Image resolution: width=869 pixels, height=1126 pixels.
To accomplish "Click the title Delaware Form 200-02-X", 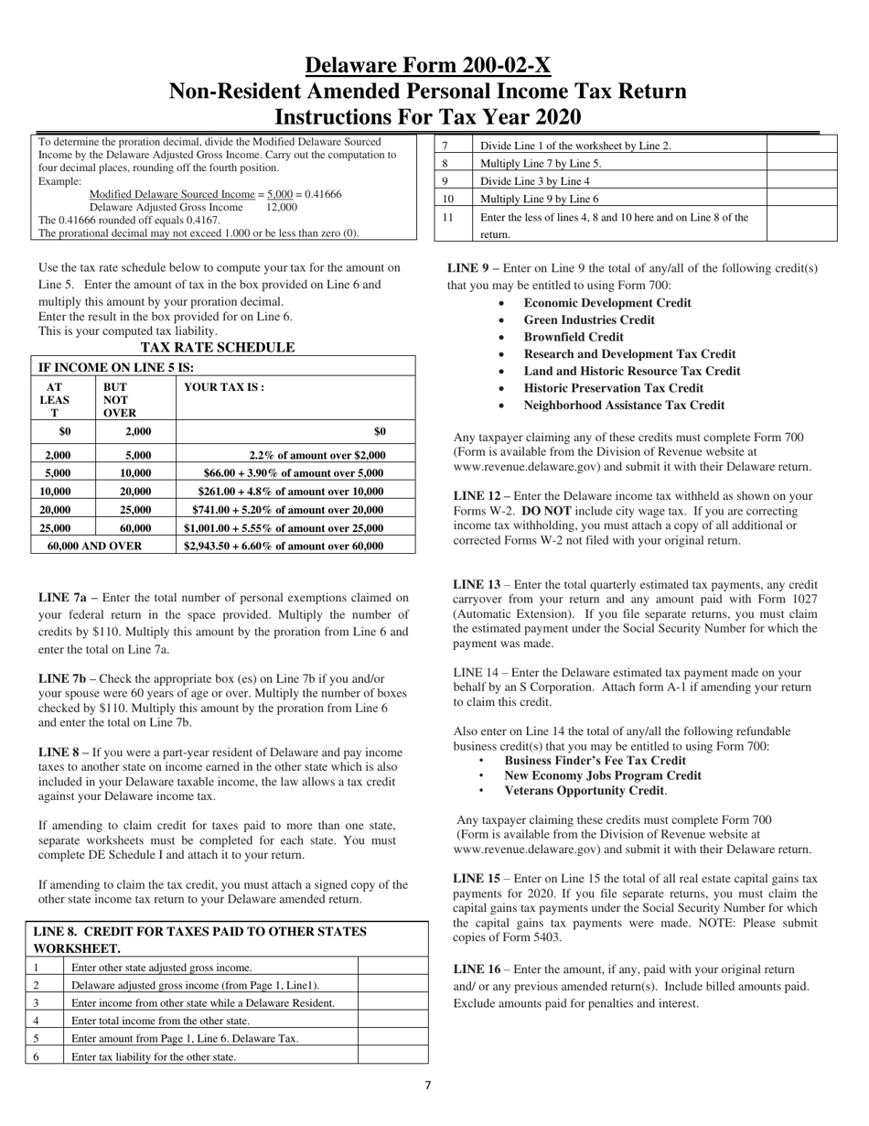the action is point(427,66).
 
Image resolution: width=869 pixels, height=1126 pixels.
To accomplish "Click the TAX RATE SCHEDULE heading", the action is point(218,348).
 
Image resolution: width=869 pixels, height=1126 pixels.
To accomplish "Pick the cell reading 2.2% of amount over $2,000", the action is point(316,455).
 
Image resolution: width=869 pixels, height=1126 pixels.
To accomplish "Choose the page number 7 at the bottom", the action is point(427,1086).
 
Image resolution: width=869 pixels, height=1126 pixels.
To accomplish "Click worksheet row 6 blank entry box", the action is point(392,1056).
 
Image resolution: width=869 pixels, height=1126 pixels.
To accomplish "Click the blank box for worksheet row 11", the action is point(800,224).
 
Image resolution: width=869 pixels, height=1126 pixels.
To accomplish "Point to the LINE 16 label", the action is point(477,969).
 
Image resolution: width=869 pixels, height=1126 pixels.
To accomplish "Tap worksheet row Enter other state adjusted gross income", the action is point(161,967).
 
